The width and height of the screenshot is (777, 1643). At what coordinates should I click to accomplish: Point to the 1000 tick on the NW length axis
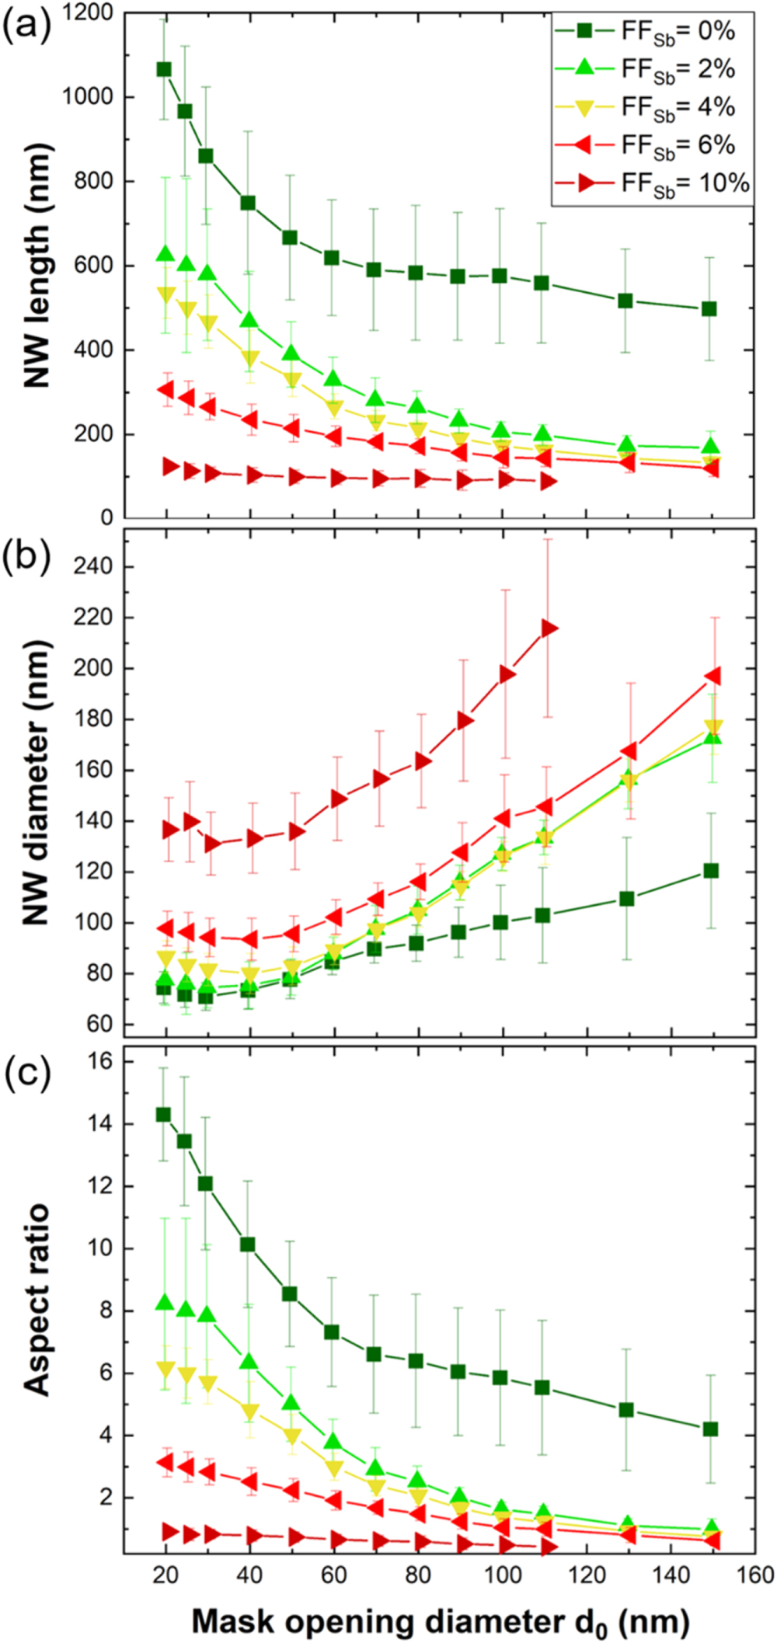(x=88, y=97)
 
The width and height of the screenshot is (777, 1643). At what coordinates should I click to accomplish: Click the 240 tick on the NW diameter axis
(x=92, y=566)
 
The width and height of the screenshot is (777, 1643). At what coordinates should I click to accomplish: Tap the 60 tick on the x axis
(x=334, y=1575)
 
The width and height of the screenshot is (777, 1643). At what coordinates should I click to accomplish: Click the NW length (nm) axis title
(x=36, y=264)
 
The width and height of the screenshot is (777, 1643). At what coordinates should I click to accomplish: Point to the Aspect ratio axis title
(x=36, y=1299)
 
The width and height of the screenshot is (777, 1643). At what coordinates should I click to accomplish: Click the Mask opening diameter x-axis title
(x=440, y=1622)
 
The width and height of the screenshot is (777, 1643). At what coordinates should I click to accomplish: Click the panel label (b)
(x=26, y=555)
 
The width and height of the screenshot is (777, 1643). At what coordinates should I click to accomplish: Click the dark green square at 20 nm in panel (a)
(x=164, y=69)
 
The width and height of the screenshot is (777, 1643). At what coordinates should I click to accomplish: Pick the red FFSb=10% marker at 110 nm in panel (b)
(x=549, y=628)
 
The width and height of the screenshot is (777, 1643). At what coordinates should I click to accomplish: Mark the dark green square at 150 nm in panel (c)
(x=709, y=1429)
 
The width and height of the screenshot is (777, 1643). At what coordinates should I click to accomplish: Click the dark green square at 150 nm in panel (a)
(x=709, y=308)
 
